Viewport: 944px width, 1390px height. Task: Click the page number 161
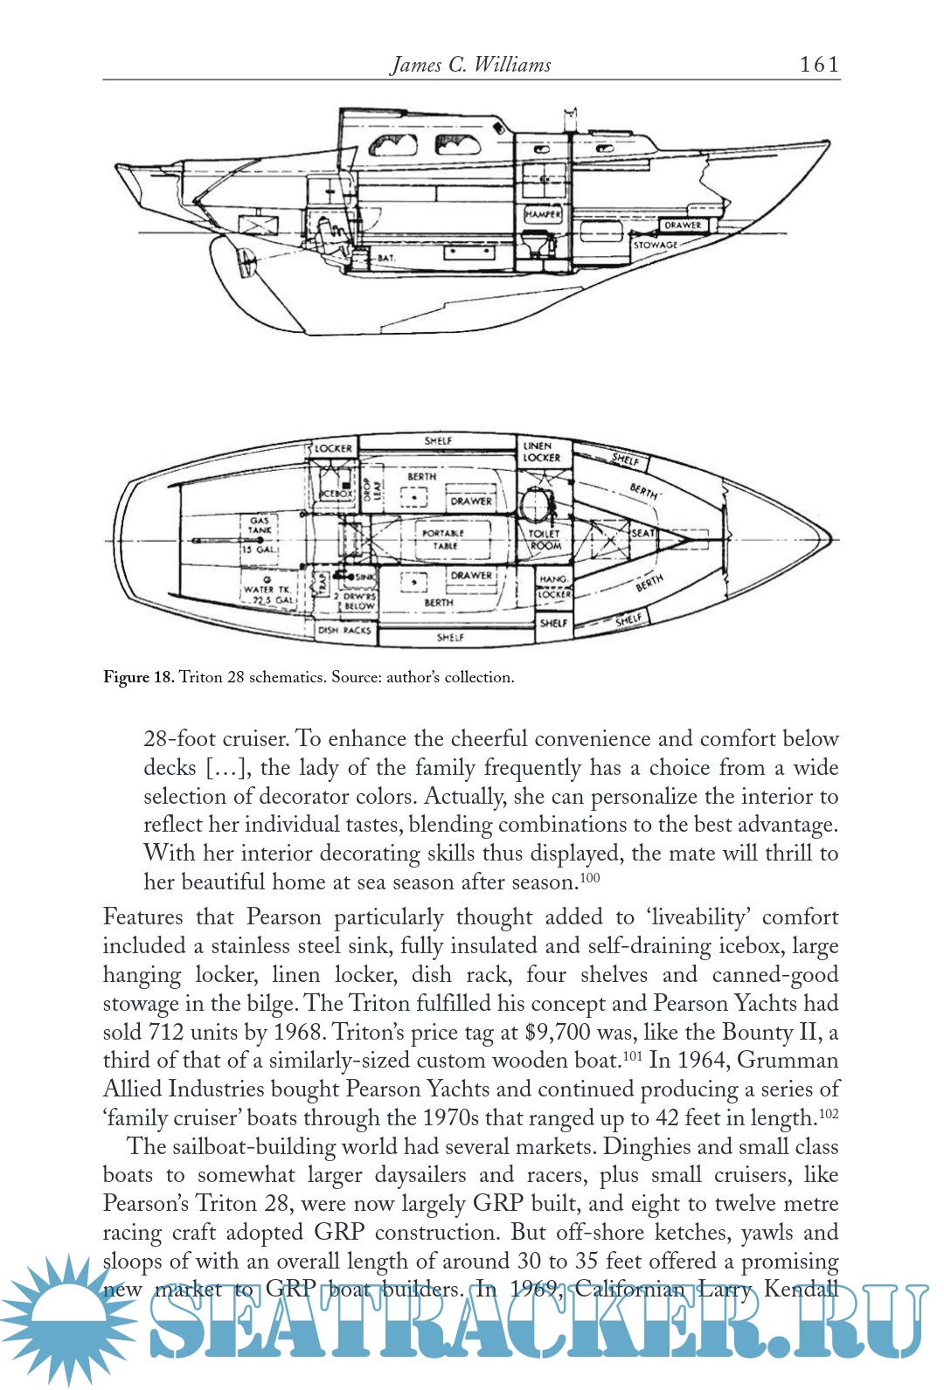[x=819, y=64]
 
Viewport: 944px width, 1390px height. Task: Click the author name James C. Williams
[x=471, y=65]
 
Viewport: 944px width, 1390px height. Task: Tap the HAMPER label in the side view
[x=543, y=213]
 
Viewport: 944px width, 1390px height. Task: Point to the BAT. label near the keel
[x=386, y=259]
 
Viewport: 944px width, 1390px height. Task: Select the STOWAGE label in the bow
[x=656, y=245]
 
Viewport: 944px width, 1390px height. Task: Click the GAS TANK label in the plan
[x=260, y=525]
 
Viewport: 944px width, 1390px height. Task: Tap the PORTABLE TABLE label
[x=444, y=539]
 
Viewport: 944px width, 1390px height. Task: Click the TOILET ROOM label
[x=545, y=539]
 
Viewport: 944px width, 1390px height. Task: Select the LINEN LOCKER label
[x=542, y=452]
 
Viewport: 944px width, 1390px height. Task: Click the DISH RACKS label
[x=344, y=630]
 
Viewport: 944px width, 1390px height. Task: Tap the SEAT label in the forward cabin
[x=643, y=533]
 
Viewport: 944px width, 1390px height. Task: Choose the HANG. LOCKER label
[x=553, y=586]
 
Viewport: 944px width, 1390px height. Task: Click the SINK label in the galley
[x=364, y=577]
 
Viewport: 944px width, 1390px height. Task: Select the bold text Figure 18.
[x=139, y=677]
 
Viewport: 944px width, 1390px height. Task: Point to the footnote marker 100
[x=591, y=877]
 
